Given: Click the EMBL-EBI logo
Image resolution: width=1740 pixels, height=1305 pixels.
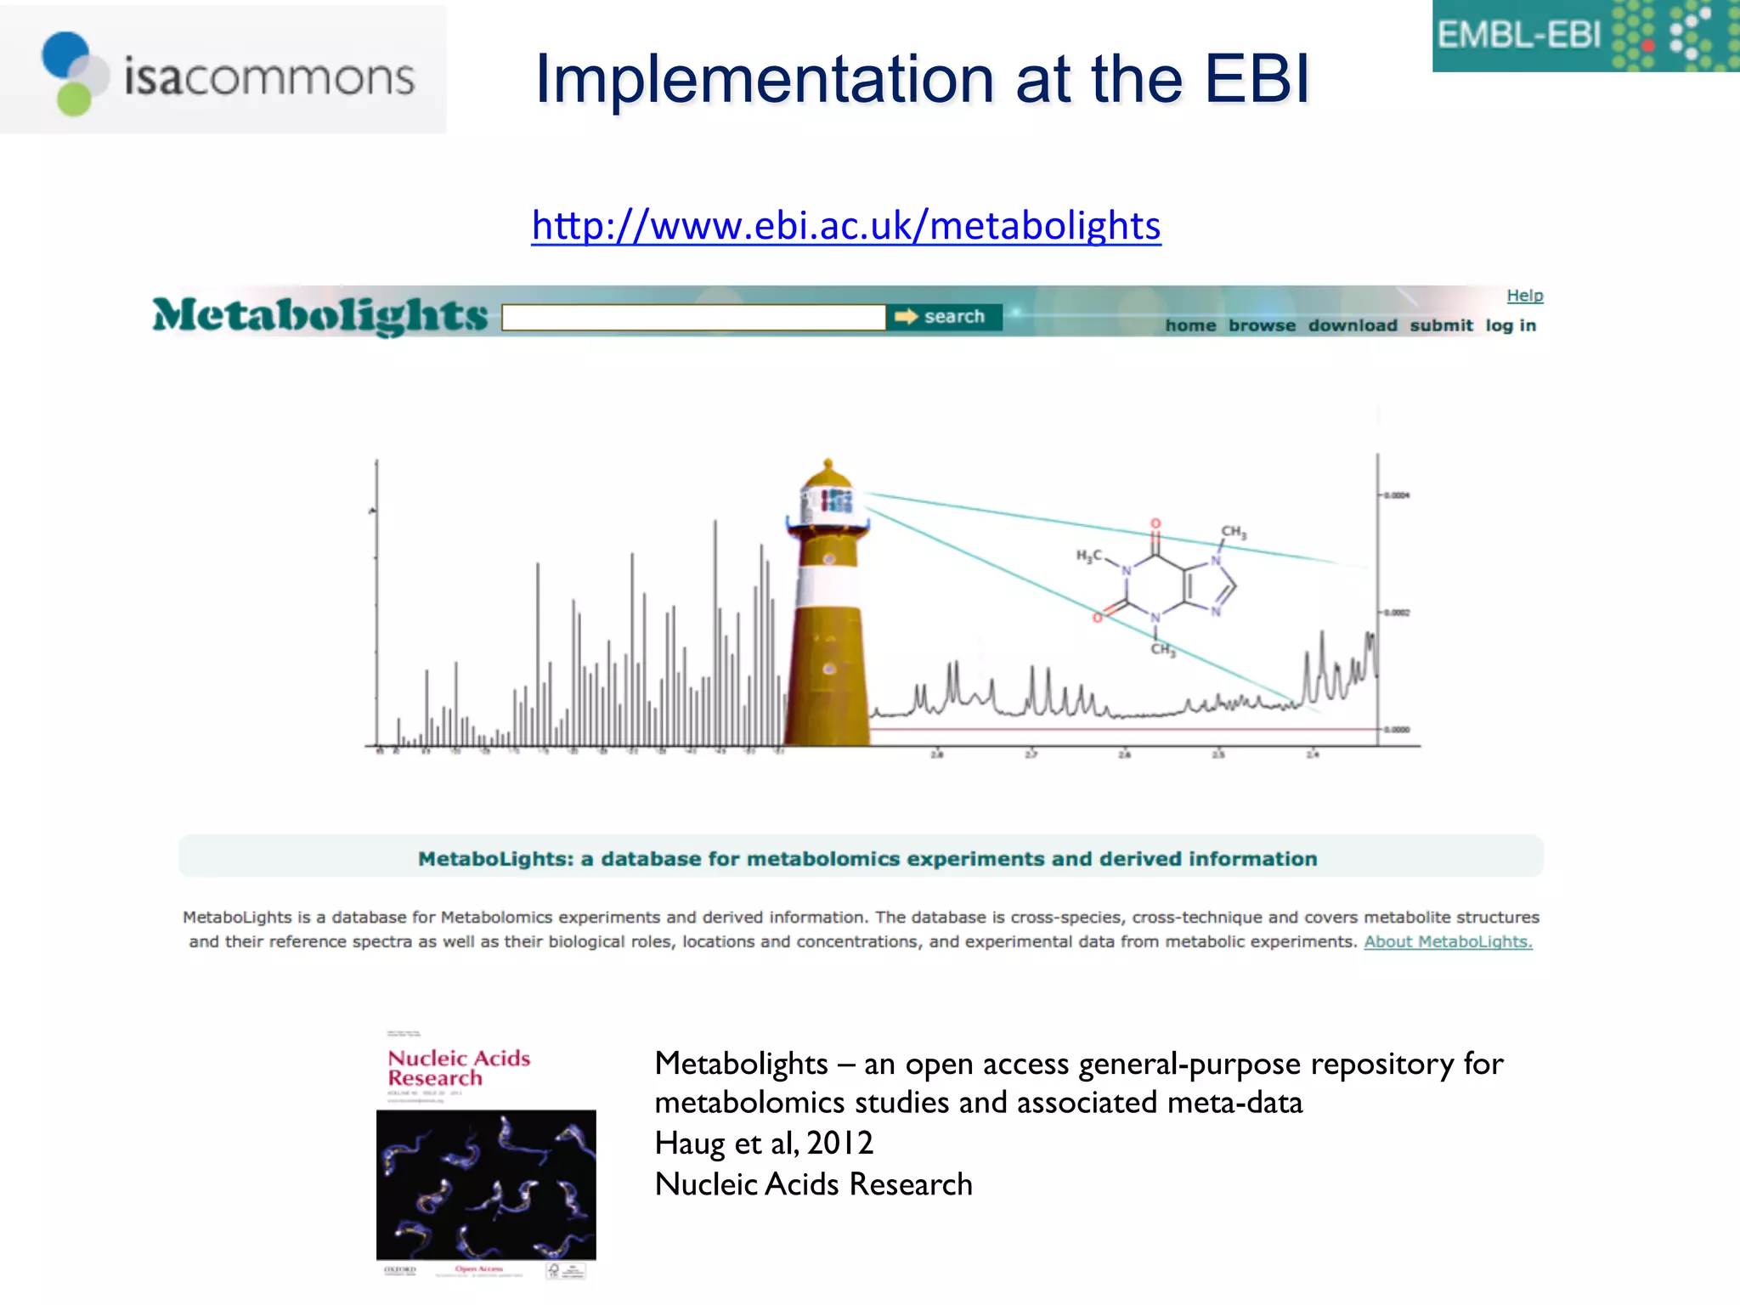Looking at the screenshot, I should point(1585,36).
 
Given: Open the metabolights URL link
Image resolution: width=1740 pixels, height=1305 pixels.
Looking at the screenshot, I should point(845,226).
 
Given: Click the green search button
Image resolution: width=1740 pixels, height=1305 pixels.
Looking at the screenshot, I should point(944,317).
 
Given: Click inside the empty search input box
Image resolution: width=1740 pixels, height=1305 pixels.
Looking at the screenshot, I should point(693,318).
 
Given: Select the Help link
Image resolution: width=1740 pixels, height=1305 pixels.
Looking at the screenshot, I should point(1524,296).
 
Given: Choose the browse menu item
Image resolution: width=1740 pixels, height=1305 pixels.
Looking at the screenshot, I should point(1262,325).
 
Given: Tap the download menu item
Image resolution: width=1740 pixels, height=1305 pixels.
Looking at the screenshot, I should point(1352,325).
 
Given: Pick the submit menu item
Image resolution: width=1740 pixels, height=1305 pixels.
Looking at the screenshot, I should point(1441,325).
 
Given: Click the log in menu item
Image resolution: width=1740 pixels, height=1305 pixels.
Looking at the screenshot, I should point(1510,325).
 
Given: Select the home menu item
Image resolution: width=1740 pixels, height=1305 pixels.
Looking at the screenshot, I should point(1190,325).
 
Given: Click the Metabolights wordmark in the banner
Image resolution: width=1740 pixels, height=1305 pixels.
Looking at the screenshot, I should point(320,315).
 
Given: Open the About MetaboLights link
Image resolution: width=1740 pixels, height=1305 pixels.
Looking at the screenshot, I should point(1448,941).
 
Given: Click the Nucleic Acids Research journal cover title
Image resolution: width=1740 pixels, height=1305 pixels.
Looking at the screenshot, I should point(459,1068).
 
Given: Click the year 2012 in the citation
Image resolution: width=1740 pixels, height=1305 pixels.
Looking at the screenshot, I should point(839,1144).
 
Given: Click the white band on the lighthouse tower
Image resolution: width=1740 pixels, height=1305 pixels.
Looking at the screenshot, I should point(828,587).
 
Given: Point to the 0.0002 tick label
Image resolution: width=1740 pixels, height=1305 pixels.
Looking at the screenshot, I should point(1397,613).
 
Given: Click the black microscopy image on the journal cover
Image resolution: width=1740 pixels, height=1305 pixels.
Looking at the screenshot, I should point(486,1185).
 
